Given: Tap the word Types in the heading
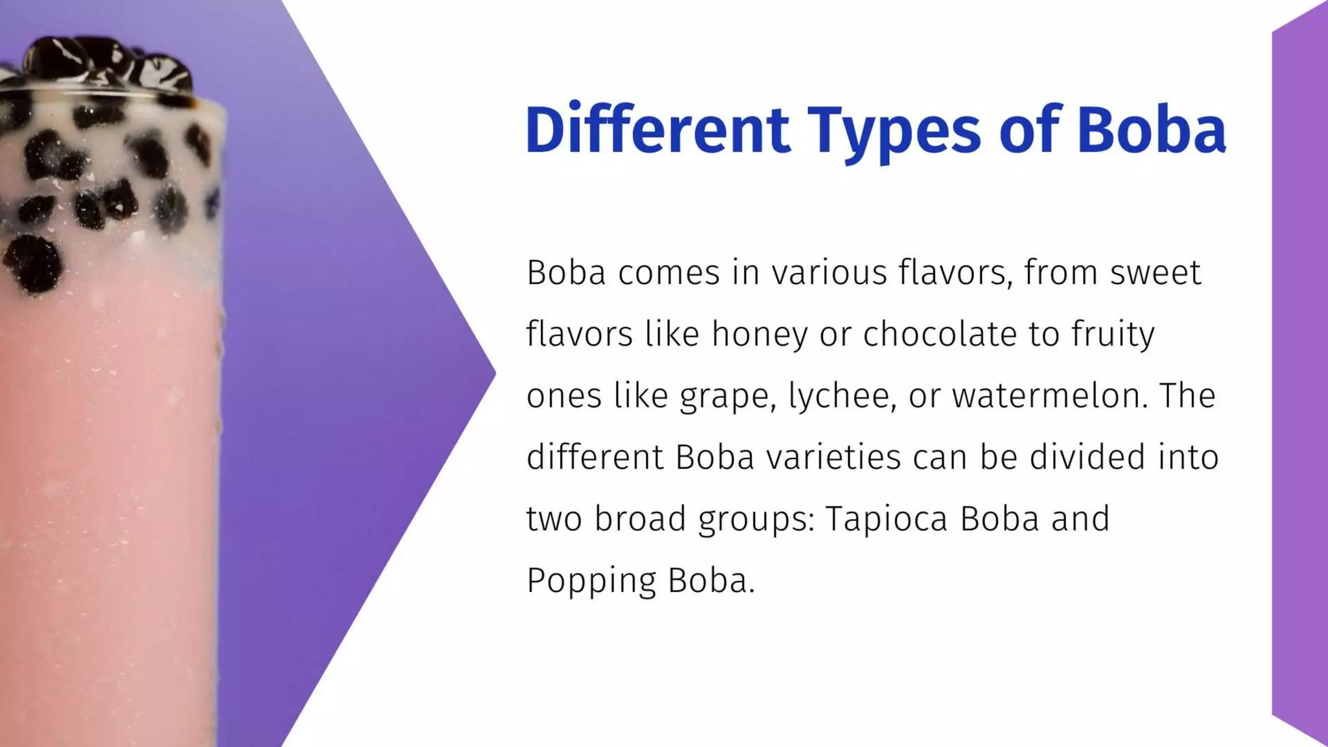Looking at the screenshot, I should tap(894, 132).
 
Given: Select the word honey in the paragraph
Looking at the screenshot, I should tap(759, 335).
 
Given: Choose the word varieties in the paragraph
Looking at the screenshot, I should tap(833, 457).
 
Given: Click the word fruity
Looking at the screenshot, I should tap(1113, 335).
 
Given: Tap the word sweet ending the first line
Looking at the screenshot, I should tap(1156, 273).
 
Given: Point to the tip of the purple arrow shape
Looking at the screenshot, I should tap(493, 373).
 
